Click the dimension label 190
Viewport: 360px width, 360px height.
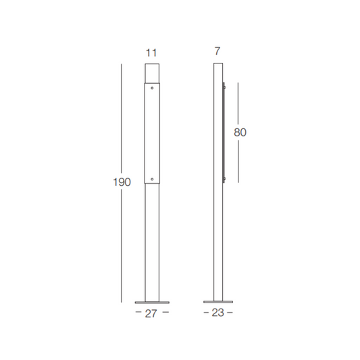(x=122, y=182)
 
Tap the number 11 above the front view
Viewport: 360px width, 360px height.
(x=151, y=53)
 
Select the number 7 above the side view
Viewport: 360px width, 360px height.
(x=217, y=51)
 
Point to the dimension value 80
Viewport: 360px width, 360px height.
(x=240, y=132)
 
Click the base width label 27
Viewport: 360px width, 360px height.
(x=151, y=313)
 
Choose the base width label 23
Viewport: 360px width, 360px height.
(x=217, y=313)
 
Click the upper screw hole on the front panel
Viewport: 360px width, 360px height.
(x=152, y=88)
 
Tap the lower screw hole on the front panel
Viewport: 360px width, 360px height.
(x=152, y=179)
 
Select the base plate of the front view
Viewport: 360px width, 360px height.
(x=152, y=303)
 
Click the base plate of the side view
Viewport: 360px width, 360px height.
(x=218, y=302)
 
